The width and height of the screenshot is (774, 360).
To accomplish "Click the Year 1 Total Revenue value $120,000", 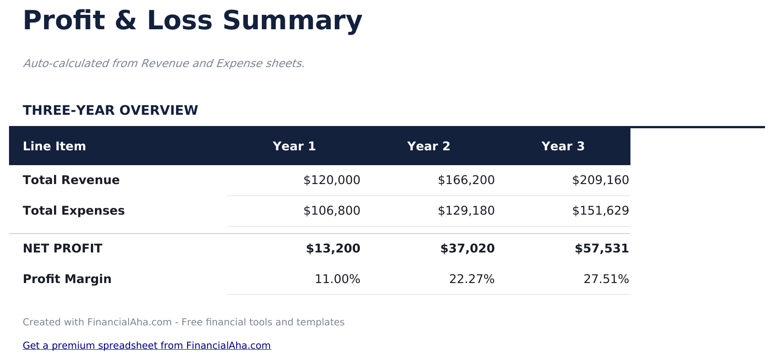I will coord(332,180).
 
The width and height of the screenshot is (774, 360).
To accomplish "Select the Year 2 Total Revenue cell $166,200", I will coord(466,180).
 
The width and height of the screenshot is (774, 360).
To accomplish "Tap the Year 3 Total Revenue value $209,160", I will coord(600,180).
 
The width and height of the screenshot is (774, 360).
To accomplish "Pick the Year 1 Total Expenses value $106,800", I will coord(332,211).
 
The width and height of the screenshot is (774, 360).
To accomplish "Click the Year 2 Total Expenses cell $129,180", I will coord(466,211).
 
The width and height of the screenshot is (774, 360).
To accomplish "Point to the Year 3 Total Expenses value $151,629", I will coord(600,211).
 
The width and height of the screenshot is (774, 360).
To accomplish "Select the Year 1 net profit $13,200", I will coord(333,249).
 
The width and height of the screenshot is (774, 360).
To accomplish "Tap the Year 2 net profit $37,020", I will coord(467,249).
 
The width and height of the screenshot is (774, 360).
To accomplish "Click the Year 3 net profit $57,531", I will coord(602,249).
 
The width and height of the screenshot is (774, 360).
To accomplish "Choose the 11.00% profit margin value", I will coord(337,279).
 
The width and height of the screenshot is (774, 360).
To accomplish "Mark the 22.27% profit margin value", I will coord(472,279).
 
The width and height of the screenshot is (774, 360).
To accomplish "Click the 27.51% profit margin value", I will coord(606,279).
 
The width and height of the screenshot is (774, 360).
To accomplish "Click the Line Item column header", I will coord(54,146).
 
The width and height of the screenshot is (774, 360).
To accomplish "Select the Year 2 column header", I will coord(428,146).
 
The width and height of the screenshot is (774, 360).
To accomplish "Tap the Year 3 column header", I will coord(563,146).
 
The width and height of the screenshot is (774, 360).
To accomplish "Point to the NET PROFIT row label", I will coord(63,249).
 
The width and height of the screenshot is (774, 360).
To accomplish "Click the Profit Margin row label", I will coord(67,279).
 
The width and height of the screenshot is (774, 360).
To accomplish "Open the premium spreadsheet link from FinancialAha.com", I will coord(147,346).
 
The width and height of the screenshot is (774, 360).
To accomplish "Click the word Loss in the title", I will coord(180,21).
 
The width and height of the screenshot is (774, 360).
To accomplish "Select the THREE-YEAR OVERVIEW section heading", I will coord(110,110).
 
